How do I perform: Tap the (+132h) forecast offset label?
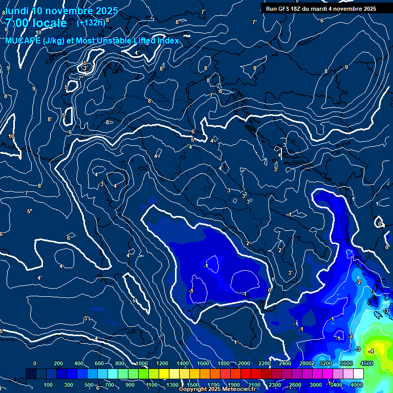pyautogui.click(x=91, y=23)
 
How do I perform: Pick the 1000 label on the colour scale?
pyautogui.click(x=141, y=363)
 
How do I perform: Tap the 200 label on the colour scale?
pyautogui.click(x=58, y=363)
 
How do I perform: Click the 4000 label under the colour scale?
pyautogui.click(x=357, y=385)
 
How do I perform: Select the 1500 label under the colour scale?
pyautogui.click(x=193, y=385)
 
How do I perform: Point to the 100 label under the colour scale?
pyautogui.click(x=48, y=385)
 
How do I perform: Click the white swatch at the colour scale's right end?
pyautogui.click(x=358, y=374)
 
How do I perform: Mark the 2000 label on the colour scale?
pyautogui.click(x=244, y=363)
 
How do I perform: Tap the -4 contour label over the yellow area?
pyautogui.click(x=370, y=351)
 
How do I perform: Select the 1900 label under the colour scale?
pyautogui.click(x=234, y=385)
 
